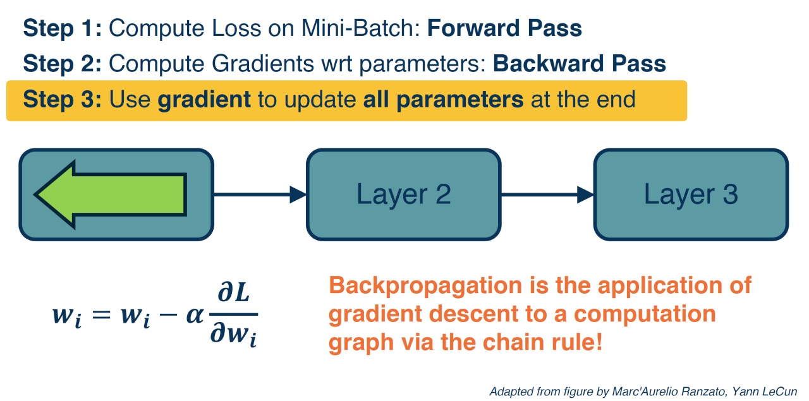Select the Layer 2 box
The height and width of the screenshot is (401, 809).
[403, 195]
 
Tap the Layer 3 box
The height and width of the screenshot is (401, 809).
[690, 195]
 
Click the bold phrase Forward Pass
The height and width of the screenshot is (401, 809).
[504, 28]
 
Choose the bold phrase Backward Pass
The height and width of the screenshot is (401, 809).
[579, 64]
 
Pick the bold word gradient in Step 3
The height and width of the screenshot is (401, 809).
[204, 100]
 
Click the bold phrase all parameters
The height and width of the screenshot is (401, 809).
[443, 100]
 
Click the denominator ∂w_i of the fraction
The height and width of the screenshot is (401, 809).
[234, 335]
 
